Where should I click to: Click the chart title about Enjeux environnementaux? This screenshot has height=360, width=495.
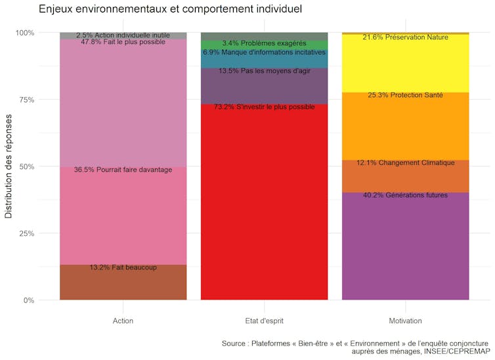170,9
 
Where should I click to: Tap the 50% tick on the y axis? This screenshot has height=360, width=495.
26,167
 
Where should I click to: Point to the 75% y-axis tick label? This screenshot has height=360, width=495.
26,100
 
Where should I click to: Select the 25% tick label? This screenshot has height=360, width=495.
26,234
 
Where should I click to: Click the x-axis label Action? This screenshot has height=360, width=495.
123,321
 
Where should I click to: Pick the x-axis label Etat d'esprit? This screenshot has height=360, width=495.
264,321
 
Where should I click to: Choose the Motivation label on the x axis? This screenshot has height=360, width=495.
405,321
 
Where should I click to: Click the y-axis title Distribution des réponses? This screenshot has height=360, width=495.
9,167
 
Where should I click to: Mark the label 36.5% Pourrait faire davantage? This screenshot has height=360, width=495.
123,170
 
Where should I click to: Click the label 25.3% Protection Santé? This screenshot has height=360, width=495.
405,95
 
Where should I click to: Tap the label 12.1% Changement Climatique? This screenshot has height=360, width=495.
405,163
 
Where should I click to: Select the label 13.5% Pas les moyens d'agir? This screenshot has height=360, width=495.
264,71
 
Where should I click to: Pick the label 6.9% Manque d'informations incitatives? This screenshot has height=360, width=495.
264,52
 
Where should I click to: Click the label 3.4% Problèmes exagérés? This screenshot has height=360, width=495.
264,43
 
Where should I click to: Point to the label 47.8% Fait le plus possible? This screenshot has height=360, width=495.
123,42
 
